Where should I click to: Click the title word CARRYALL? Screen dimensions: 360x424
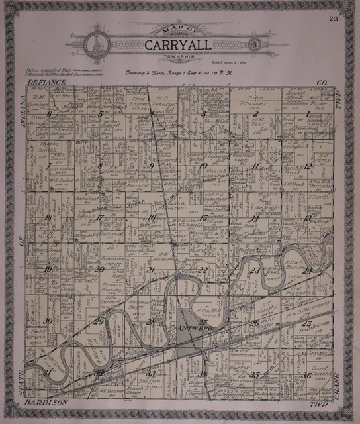179,46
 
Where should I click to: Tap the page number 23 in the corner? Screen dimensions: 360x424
332,18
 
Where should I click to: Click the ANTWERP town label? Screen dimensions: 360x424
190,327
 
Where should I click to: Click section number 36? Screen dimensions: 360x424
306,376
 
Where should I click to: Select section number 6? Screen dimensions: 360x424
48,114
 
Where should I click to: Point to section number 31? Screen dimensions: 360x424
46,372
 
